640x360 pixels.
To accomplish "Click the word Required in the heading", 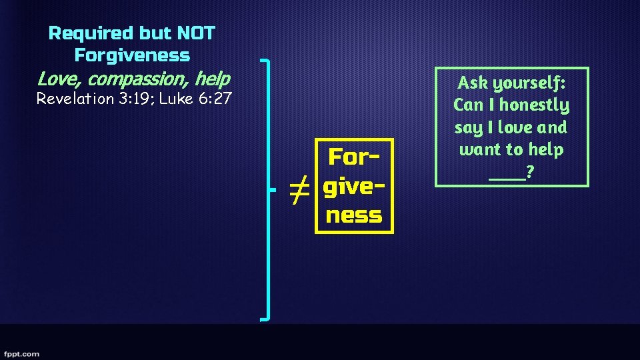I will [91, 33].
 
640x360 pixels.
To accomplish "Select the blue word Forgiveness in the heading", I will [132, 55].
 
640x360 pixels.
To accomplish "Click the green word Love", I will [59, 79].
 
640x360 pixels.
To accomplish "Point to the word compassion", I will [139, 80].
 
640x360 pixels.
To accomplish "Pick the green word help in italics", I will [213, 79].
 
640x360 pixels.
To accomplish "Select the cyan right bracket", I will [268, 190].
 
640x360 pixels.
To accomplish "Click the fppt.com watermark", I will [21, 353].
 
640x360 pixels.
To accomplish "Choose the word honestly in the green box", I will [535, 105].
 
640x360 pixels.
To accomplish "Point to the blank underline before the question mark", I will [506, 176].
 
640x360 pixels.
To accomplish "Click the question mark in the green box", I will [529, 172].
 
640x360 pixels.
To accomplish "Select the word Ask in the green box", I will [473, 83].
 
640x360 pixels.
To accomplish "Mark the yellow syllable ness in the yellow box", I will [354, 215].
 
